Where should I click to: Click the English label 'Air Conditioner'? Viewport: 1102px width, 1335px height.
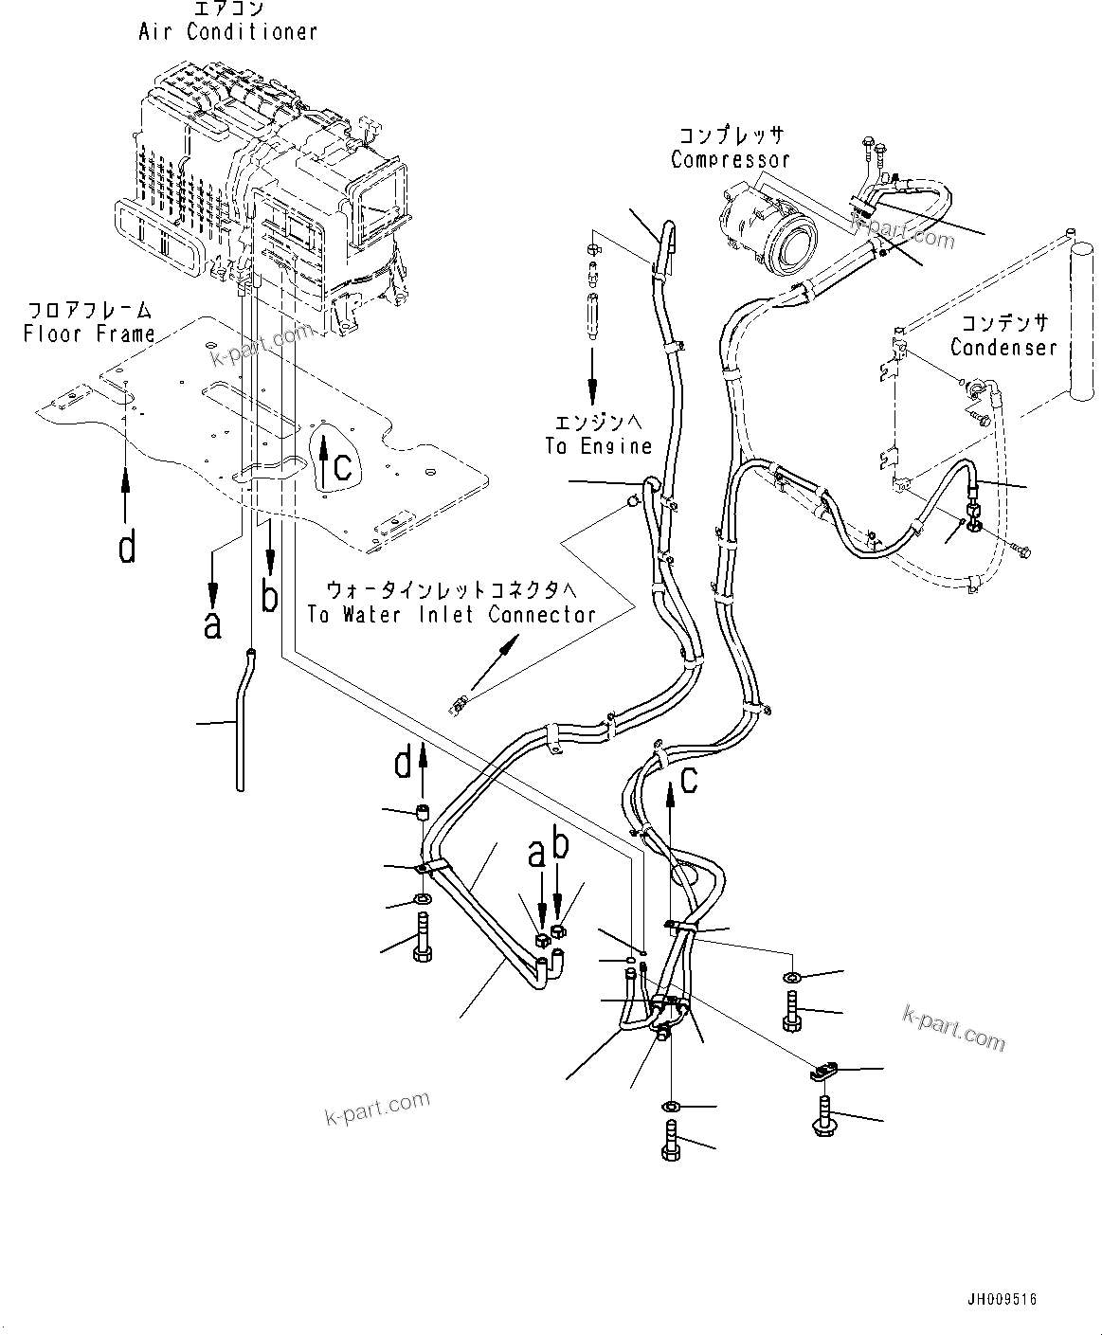point(227,31)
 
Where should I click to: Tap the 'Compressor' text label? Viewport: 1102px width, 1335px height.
point(730,159)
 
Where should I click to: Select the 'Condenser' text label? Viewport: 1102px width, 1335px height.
point(1003,347)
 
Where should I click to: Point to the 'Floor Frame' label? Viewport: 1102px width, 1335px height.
point(89,334)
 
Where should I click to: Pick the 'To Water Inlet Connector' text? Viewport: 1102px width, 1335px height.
point(451,614)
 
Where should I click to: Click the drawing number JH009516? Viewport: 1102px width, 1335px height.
point(1003,1299)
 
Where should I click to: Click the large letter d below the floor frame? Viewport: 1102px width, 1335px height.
point(127,547)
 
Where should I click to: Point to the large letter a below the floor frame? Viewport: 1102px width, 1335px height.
point(212,623)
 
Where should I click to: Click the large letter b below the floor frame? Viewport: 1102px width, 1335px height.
point(270,597)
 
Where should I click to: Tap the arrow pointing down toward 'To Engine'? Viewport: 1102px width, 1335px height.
point(592,370)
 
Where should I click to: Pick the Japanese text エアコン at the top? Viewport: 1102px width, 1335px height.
point(227,9)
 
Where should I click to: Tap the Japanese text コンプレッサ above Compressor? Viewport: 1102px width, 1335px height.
point(730,135)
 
